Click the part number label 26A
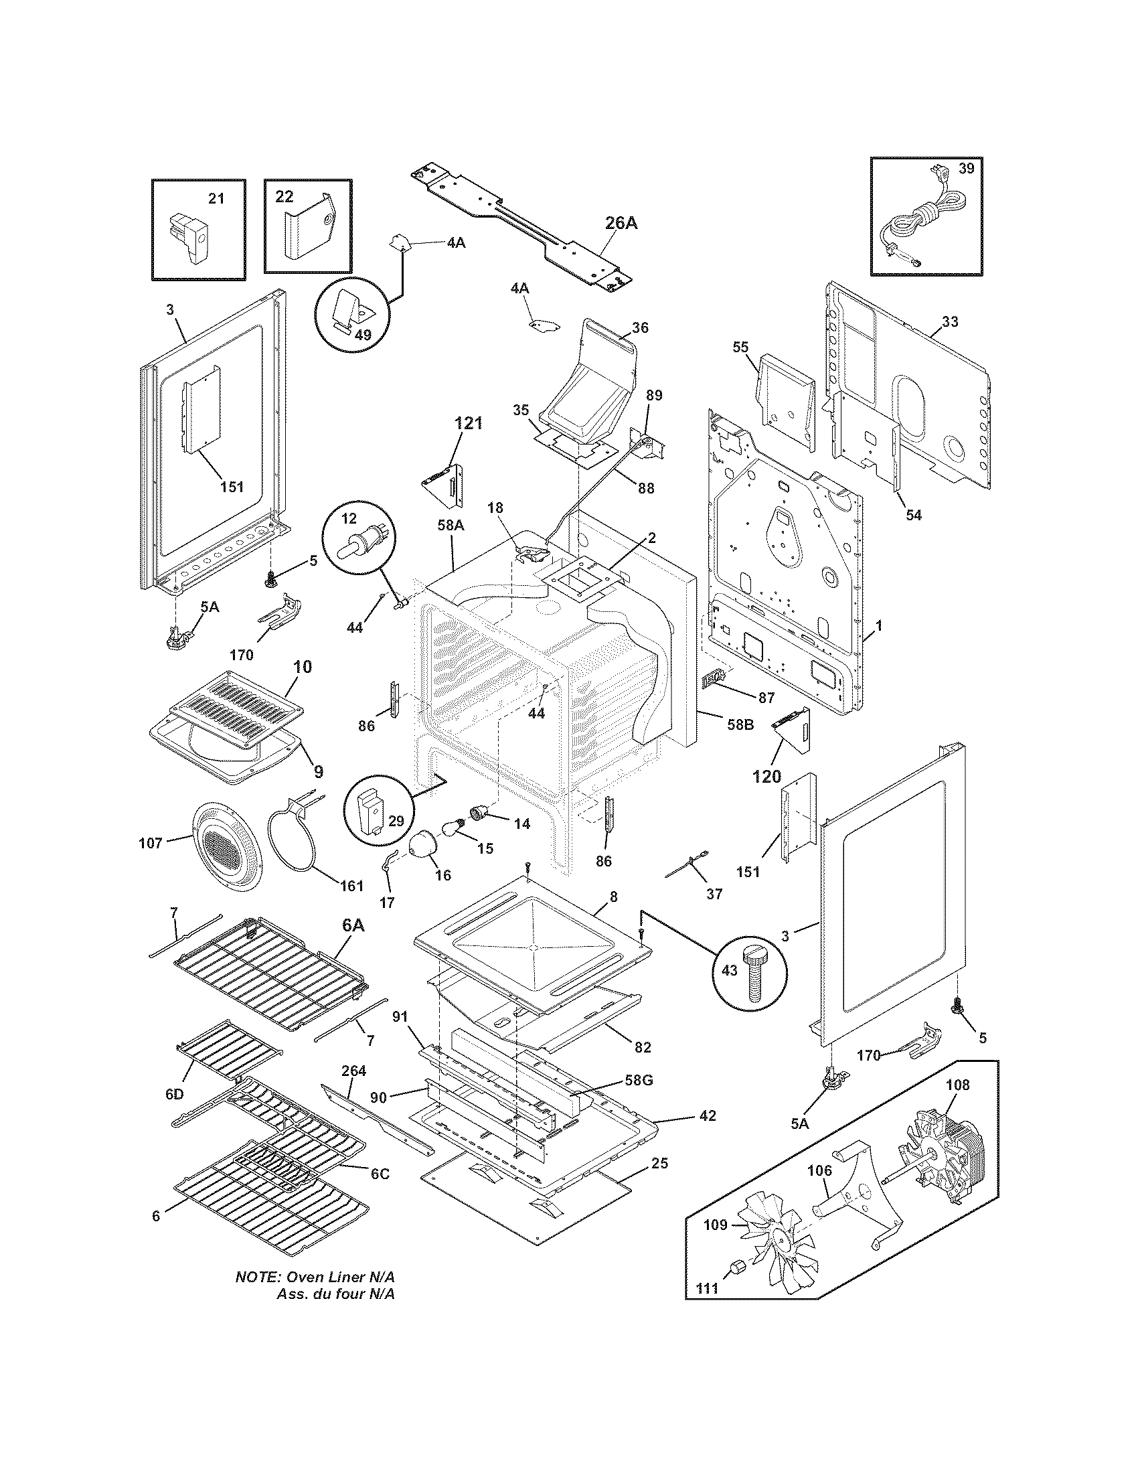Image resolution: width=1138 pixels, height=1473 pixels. (621, 224)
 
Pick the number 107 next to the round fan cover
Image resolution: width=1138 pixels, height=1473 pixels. (151, 842)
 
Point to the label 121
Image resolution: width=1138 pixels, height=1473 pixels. (468, 424)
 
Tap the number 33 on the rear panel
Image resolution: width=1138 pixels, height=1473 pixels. (949, 321)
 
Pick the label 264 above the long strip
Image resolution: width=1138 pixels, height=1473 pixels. (353, 1071)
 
